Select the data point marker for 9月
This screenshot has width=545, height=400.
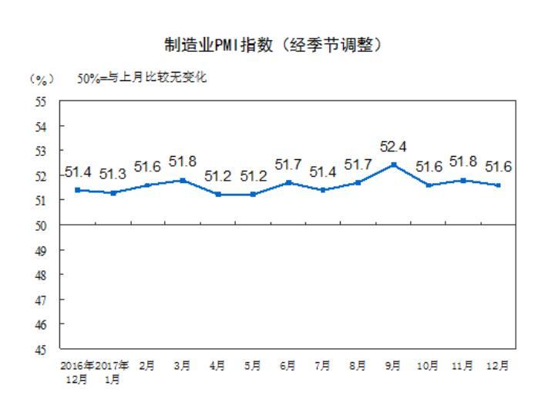point(393,164)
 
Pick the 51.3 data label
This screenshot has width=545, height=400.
point(113,175)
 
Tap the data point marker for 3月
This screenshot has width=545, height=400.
point(183,180)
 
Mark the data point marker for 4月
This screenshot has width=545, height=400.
point(218,195)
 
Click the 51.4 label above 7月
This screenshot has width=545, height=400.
point(323,171)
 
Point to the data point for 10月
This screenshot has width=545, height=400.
point(429,185)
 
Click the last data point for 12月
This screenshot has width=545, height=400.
point(499,185)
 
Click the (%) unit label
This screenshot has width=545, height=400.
point(39,79)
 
